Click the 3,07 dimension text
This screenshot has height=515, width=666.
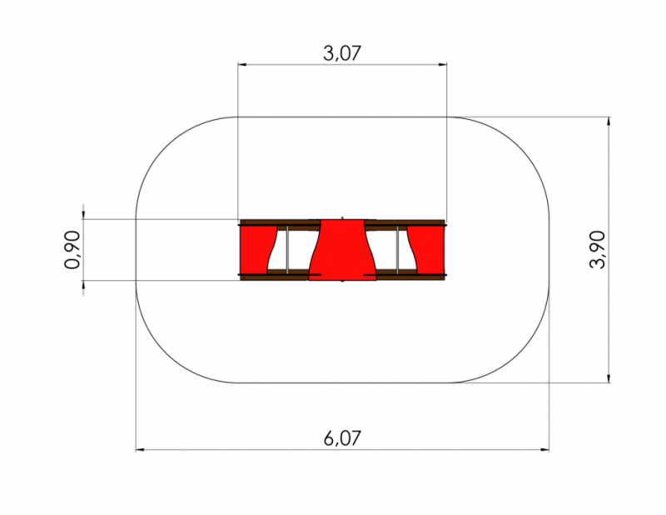pos(342,53)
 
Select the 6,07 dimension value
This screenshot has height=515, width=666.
pos(342,438)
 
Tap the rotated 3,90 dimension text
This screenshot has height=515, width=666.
pos(597,249)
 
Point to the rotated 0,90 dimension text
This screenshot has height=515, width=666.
pos(72,250)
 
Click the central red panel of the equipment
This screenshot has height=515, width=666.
pos(342,250)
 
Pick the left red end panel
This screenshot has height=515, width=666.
pos(256,250)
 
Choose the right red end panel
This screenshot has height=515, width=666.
pos(427,250)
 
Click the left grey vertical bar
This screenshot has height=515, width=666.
pos(287,250)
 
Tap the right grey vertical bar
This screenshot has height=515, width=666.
pos(398,250)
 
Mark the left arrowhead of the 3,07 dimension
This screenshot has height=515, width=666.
pos(242,65)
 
